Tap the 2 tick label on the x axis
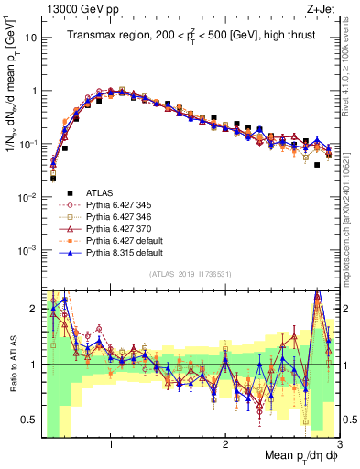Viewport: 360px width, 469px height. click(224, 442)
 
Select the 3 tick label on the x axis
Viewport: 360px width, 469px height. click(339, 442)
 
